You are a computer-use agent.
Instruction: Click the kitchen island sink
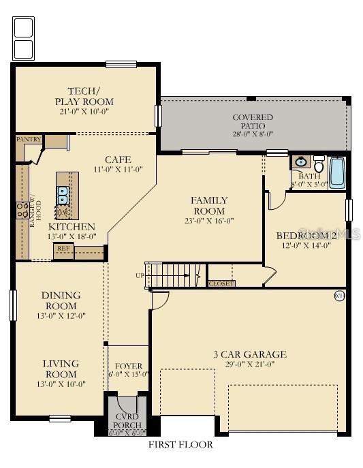(x=63, y=195)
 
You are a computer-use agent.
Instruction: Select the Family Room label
(x=209, y=205)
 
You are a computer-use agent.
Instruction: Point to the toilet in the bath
(x=319, y=164)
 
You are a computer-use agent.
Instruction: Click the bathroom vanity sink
(x=300, y=162)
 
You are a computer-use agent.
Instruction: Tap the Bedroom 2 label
(x=306, y=236)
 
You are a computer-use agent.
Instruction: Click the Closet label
(x=221, y=283)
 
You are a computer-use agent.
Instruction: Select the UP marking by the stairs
(x=140, y=276)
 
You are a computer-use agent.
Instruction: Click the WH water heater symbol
(x=339, y=296)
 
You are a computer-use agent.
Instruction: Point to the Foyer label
(x=129, y=366)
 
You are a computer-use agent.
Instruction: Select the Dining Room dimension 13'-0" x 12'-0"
(x=61, y=315)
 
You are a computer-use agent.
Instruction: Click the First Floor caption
(x=180, y=445)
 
